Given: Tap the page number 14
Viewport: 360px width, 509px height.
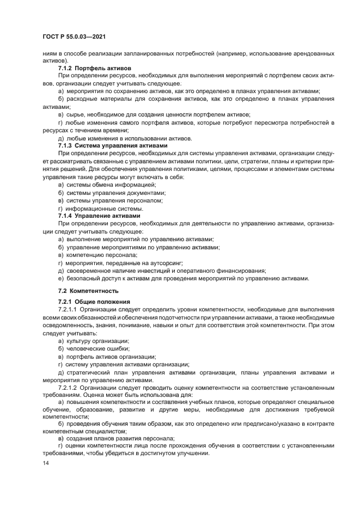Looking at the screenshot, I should click(46, 463).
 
